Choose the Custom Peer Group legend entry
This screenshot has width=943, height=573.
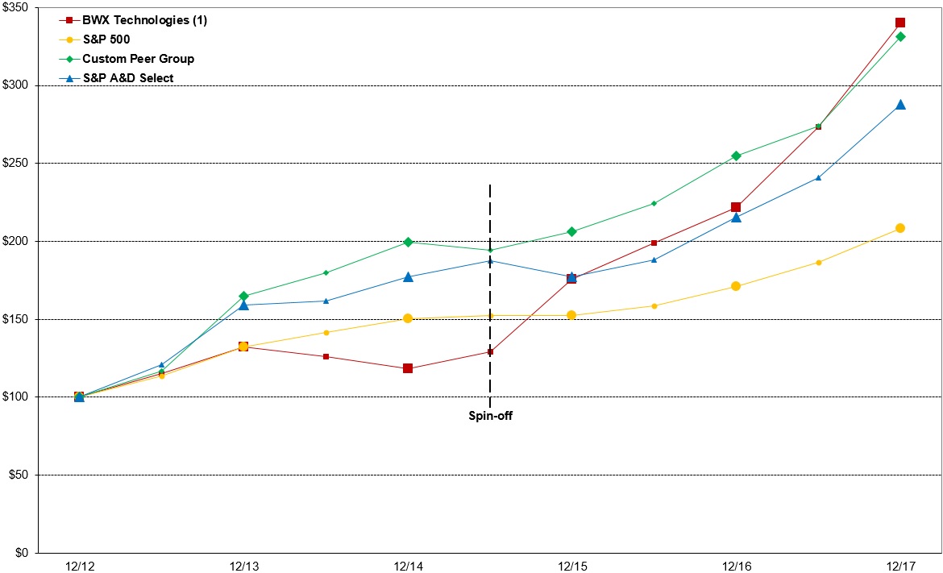coord(138,59)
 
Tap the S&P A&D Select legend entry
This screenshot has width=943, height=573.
coord(127,78)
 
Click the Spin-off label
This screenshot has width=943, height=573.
coord(490,417)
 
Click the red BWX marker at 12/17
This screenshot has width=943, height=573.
coord(900,23)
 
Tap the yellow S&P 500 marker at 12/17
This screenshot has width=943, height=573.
coord(900,228)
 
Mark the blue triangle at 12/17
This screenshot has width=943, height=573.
coord(900,105)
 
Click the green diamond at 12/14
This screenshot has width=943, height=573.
coord(408,242)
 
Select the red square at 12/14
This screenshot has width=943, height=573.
coord(408,368)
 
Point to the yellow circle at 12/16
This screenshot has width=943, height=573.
coord(736,286)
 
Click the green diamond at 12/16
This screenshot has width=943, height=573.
coord(736,156)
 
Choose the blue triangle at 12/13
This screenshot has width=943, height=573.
coord(243,305)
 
